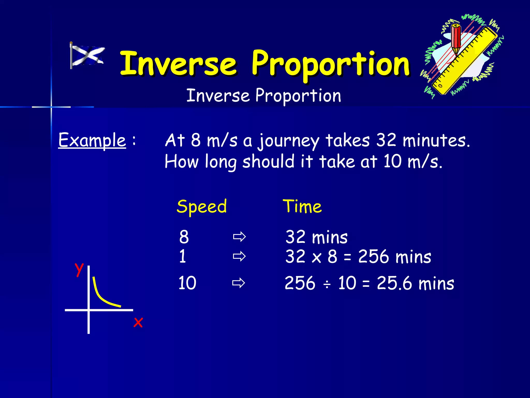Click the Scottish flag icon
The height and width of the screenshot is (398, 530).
coord(87,55)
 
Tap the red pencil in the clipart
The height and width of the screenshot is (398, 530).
coord(456,39)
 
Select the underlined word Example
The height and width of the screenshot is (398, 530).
coord(92,140)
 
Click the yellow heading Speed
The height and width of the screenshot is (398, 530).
coord(202,207)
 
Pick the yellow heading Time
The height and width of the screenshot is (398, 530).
coord(302,207)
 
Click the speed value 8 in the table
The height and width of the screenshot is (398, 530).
coord(184,237)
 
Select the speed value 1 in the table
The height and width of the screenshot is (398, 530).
coord(183,257)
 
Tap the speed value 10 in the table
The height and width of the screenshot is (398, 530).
coord(187,283)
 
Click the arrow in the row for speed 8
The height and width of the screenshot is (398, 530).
coord(239,237)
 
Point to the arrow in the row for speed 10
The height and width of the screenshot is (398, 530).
coord(238,283)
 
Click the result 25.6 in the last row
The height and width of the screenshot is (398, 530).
coord(394,283)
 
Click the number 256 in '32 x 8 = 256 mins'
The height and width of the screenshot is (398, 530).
coord(373,257)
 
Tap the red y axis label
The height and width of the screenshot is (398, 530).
coord(79,269)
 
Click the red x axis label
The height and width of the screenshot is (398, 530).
coord(138,323)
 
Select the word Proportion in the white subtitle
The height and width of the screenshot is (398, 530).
coord(298,96)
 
